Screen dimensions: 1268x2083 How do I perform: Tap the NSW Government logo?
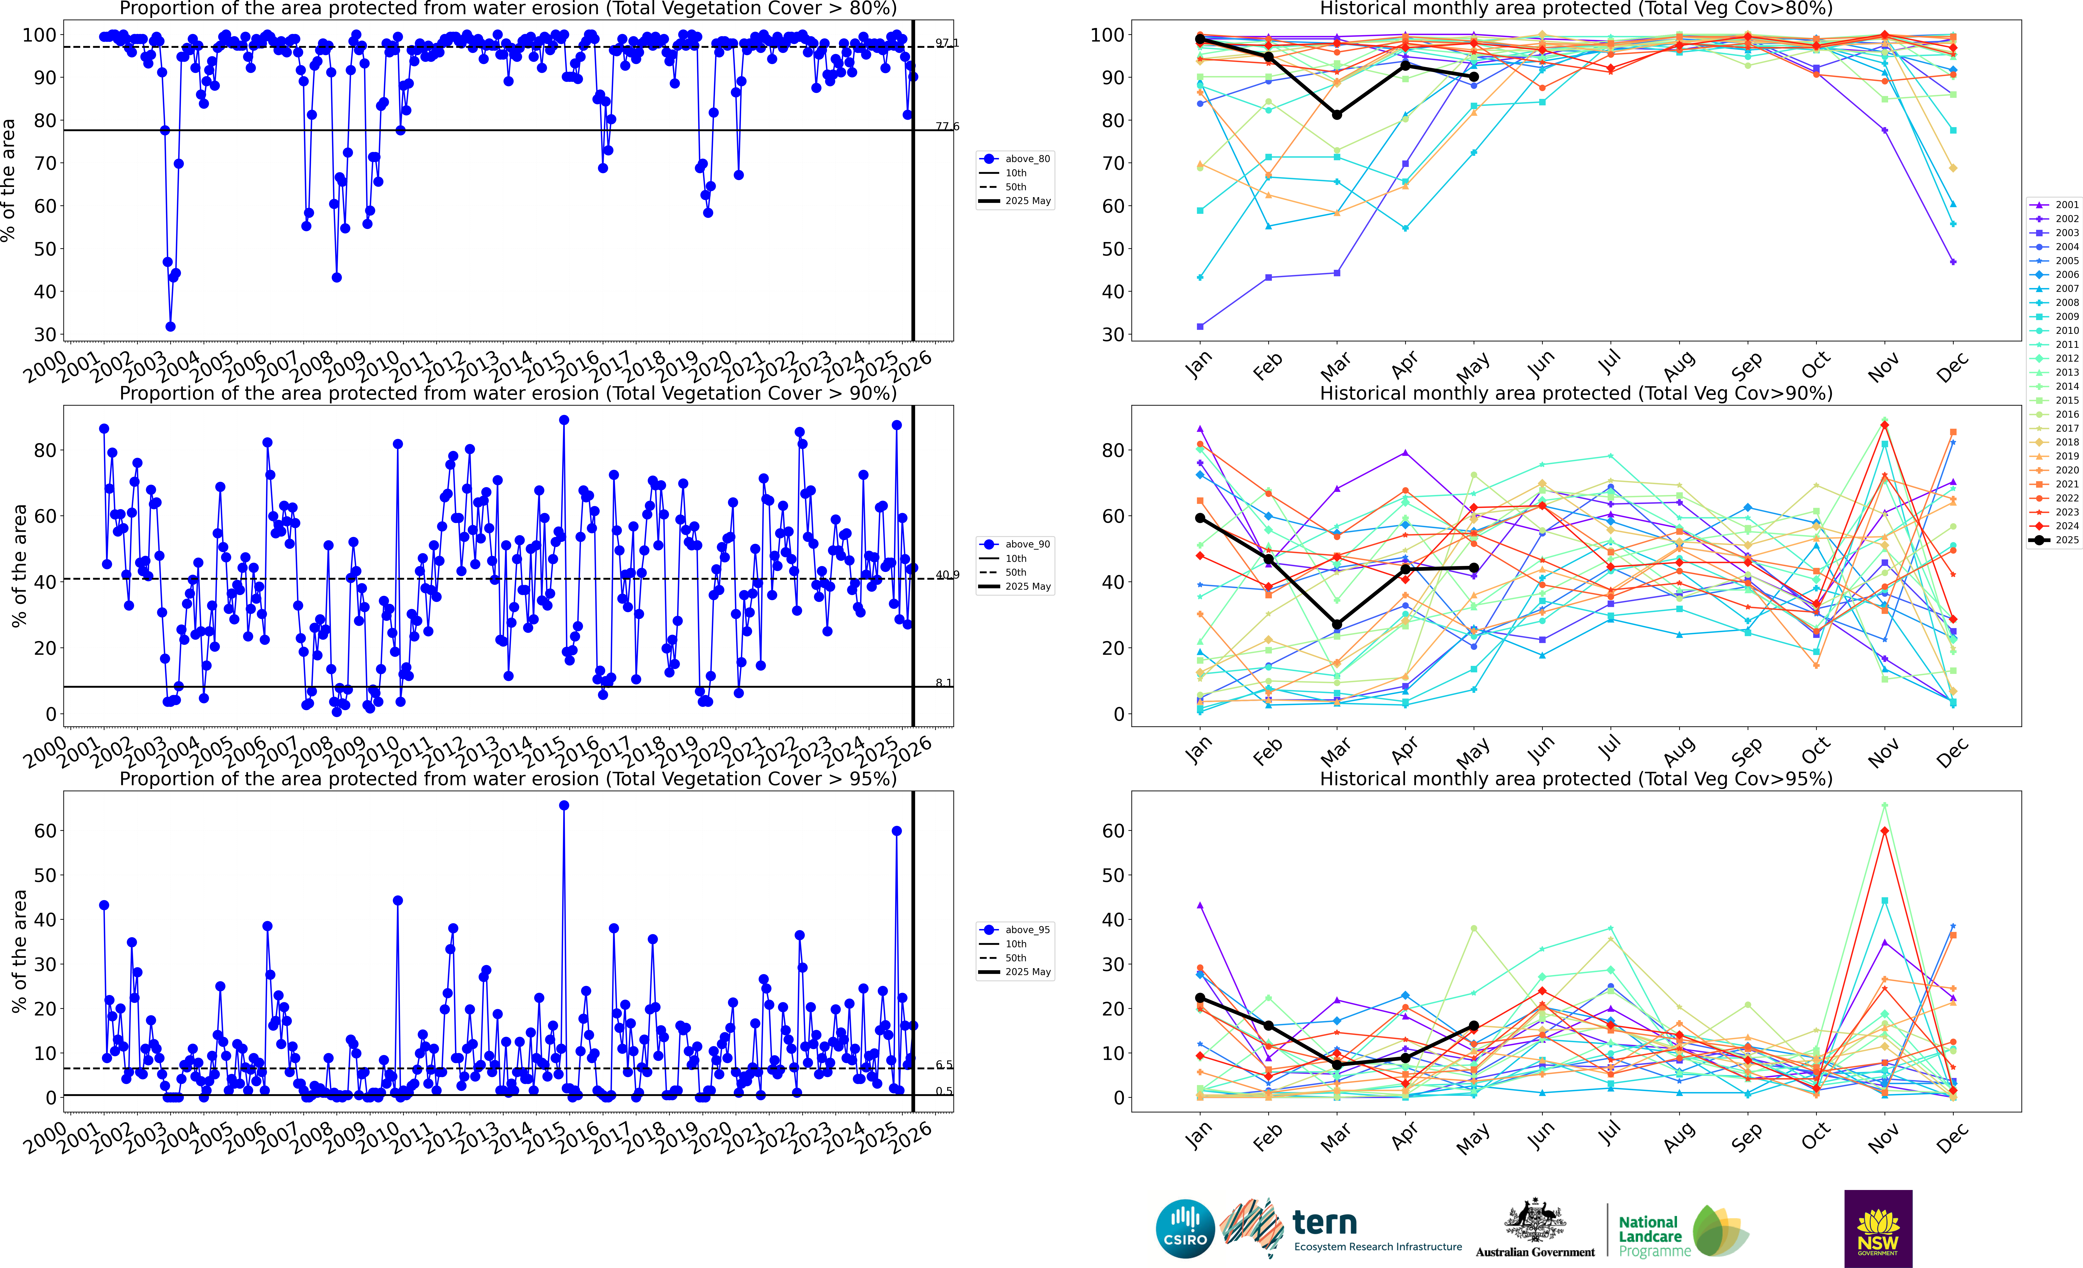[x=1878, y=1228]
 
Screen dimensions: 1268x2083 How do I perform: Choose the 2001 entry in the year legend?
[x=2054, y=204]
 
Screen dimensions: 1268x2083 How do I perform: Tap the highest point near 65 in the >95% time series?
[x=564, y=806]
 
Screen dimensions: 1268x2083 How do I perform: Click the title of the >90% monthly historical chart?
[x=1576, y=393]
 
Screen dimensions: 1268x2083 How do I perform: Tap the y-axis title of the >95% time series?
[x=19, y=951]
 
